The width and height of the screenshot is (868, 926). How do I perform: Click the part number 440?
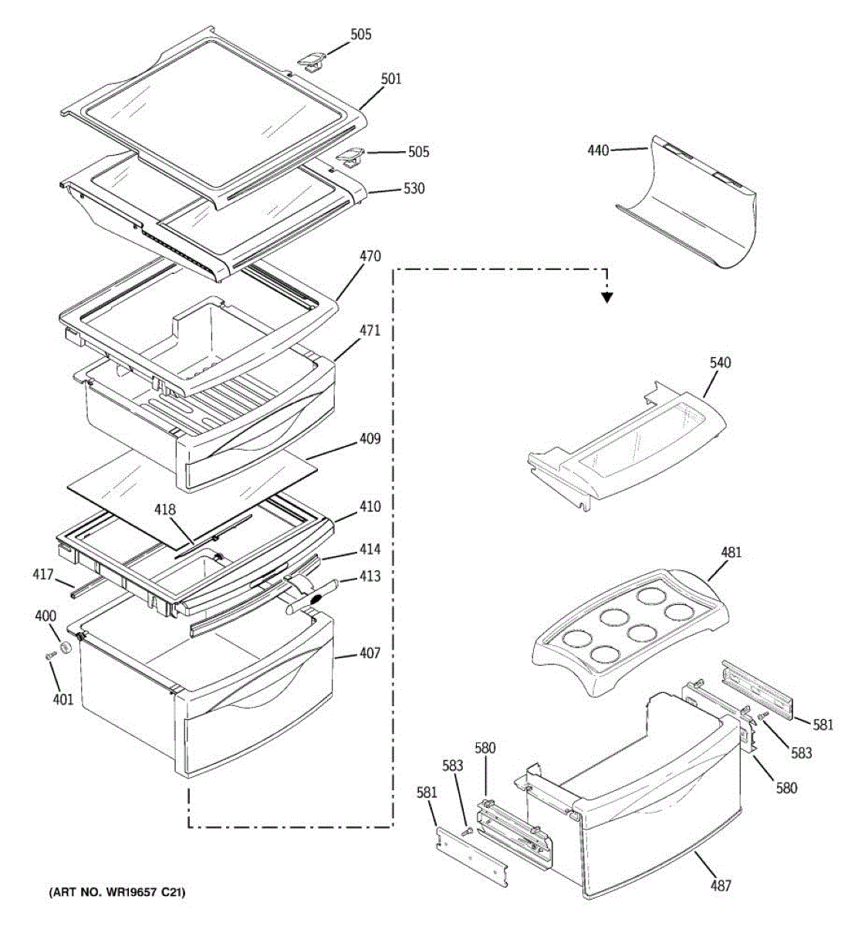pos(598,150)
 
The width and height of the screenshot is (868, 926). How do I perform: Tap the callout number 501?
pos(391,79)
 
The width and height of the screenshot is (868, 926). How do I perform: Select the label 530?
pos(414,188)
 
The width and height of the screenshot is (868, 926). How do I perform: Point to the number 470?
pos(370,256)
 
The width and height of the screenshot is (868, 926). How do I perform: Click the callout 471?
pos(370,330)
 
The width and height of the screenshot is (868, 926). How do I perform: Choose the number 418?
pos(164,510)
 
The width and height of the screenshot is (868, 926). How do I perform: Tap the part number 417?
pos(43,574)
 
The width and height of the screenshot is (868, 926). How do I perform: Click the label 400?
pos(46,616)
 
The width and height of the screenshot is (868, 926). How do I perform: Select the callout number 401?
pos(62,699)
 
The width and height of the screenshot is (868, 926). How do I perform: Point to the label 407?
pos(370,654)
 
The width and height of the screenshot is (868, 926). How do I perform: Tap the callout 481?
pos(731,552)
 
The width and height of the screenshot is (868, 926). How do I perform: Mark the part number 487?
pos(721,886)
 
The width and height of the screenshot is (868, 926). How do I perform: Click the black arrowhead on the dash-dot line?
pos(607,296)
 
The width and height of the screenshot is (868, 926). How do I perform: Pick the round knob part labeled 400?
pos(67,645)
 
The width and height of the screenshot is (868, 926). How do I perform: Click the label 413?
pos(370,576)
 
